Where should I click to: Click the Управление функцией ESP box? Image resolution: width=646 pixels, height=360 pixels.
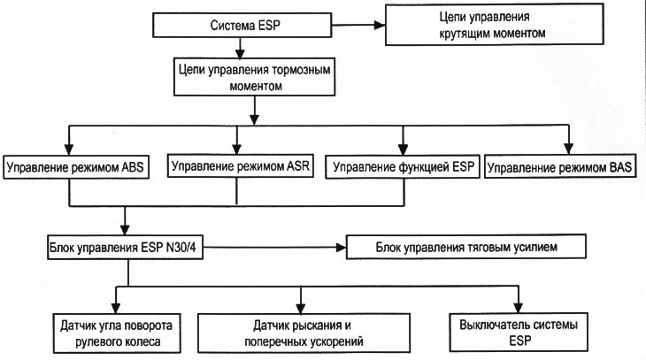(402, 165)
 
